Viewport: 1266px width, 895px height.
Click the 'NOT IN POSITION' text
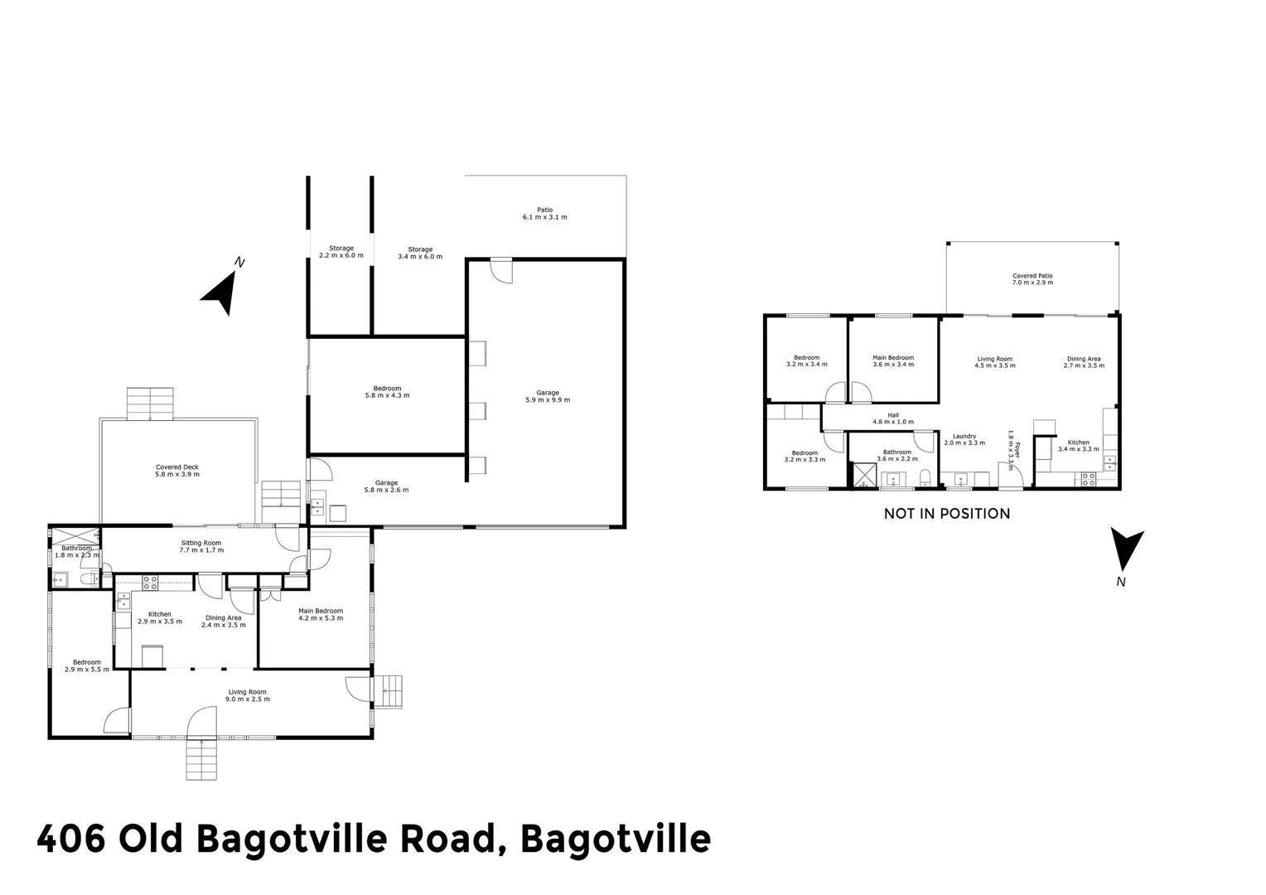[946, 514]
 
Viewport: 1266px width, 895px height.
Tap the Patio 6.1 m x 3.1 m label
[544, 214]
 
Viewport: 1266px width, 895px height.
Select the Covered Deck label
[177, 471]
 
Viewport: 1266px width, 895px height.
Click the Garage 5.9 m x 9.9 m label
[548, 396]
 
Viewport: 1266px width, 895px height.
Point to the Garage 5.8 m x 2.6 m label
[386, 486]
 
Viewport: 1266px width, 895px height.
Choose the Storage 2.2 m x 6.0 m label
[341, 252]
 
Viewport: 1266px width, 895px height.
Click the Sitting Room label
[202, 546]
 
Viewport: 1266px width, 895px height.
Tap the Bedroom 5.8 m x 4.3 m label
[387, 392]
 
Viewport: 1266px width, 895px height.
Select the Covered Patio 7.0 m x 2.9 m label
[1032, 279]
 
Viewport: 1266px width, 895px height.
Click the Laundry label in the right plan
[964, 439]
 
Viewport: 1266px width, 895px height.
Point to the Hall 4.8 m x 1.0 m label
[892, 418]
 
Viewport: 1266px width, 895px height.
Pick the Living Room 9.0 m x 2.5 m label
[248, 695]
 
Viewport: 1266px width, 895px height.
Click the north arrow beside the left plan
[220, 292]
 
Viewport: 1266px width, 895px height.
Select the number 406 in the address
[70, 839]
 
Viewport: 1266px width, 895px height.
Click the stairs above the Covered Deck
[150, 403]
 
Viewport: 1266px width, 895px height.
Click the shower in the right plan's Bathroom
[864, 475]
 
